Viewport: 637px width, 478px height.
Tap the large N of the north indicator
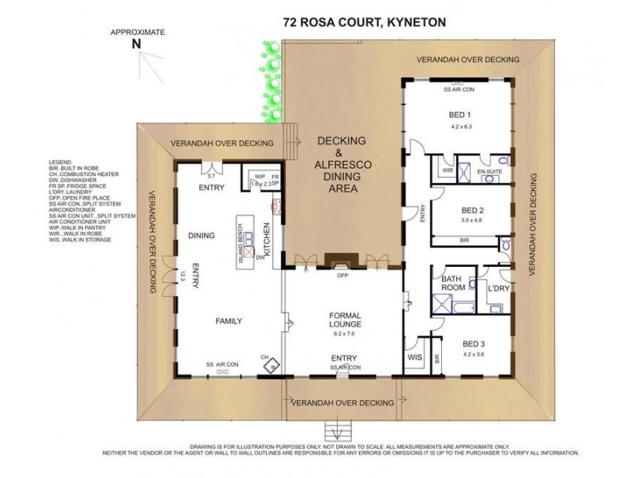pos(137,45)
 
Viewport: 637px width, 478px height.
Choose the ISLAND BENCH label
pos(240,242)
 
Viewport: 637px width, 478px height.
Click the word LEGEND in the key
pos(60,162)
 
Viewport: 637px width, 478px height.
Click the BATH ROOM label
pos(455,282)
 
